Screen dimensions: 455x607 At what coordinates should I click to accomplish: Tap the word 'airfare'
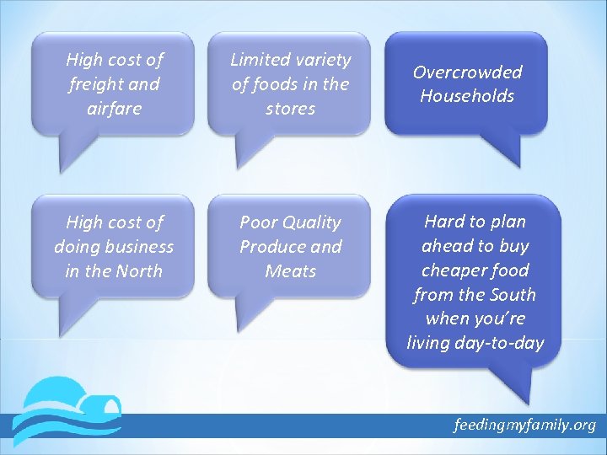point(114,109)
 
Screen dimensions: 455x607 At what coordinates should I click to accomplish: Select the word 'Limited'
point(261,60)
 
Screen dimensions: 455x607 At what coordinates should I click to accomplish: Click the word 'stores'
point(290,109)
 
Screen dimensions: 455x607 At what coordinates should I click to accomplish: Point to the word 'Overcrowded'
point(467,72)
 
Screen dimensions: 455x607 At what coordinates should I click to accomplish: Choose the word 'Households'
point(467,96)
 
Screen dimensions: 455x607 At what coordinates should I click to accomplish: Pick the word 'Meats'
point(290,271)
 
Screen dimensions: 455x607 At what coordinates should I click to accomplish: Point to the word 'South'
point(513,295)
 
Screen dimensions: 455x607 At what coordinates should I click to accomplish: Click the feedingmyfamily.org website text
point(524,425)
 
